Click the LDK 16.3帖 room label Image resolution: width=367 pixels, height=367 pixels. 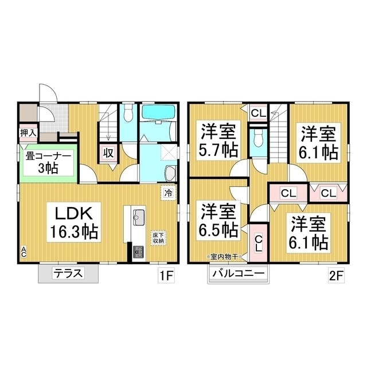pyautogui.click(x=73, y=222)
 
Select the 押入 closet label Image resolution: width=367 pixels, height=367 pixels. pyautogui.click(x=28, y=133)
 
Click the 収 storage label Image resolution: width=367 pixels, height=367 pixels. pyautogui.click(x=108, y=153)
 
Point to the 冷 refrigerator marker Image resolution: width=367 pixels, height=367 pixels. pyautogui.click(x=168, y=193)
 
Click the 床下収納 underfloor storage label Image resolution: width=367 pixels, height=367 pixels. pyautogui.click(x=158, y=237)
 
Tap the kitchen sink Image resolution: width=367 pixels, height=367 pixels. pyautogui.click(x=139, y=218)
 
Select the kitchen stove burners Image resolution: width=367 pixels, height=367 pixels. pyautogui.click(x=139, y=252)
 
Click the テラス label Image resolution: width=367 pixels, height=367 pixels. pyautogui.click(x=68, y=274)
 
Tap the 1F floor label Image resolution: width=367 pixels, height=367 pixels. pyautogui.click(x=166, y=276)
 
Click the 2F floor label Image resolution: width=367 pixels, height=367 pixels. pyautogui.click(x=336, y=276)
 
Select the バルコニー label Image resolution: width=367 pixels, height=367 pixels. pyautogui.click(x=239, y=274)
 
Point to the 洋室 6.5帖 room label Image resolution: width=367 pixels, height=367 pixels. pyautogui.click(x=218, y=220)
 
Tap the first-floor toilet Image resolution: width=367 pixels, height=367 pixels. pyautogui.click(x=128, y=113)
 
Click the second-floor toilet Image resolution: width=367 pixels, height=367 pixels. pyautogui.click(x=258, y=138)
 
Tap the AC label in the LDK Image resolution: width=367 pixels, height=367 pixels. pyautogui.click(x=24, y=251)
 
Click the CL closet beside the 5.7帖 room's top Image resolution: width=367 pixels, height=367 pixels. pyautogui.click(x=259, y=114)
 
